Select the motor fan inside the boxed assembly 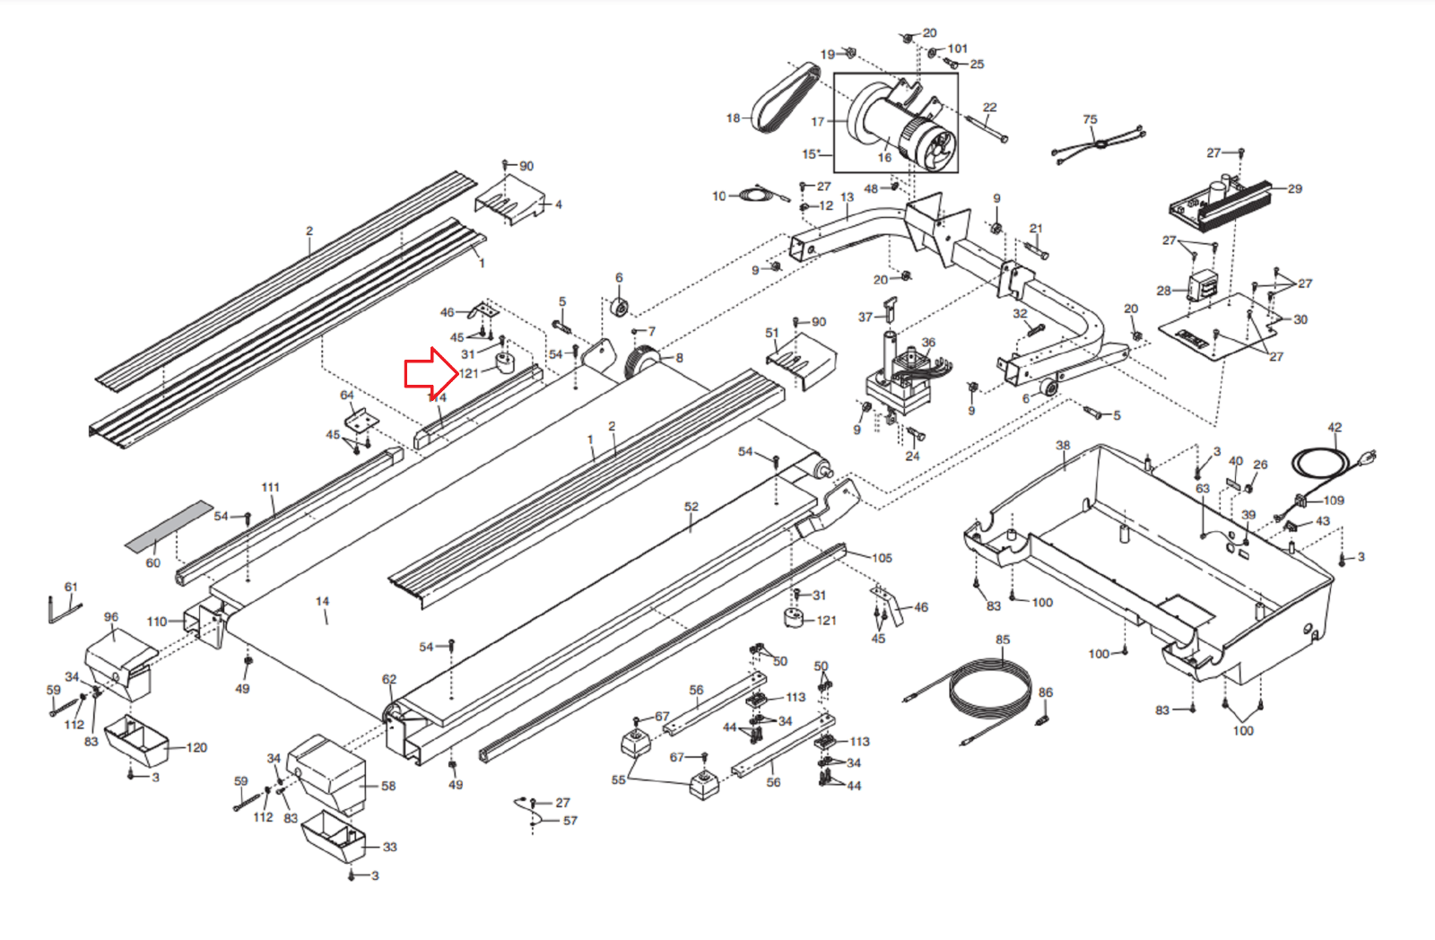coord(937,147)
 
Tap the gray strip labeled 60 coord(169,526)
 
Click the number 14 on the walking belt coord(322,602)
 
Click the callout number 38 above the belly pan coord(1063,445)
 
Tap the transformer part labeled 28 coord(1202,287)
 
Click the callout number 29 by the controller coord(1294,189)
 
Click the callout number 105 coord(882,558)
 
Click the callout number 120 coord(196,747)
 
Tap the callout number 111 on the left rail coord(270,488)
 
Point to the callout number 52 coord(691,507)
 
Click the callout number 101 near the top coord(958,48)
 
